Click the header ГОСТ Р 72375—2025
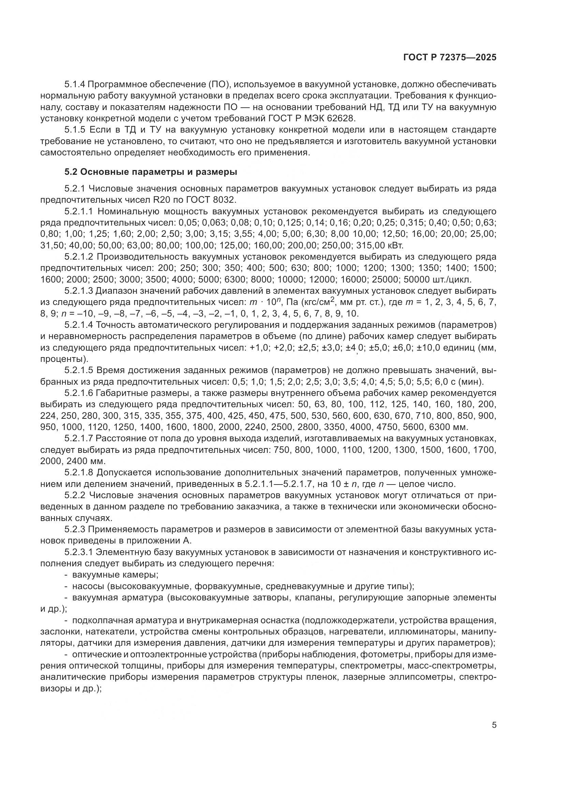[x=450, y=58]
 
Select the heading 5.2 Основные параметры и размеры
[x=151, y=172]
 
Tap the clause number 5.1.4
[x=75, y=85]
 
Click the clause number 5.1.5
[x=75, y=130]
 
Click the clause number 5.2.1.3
[x=78, y=291]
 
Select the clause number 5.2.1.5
[x=78, y=370]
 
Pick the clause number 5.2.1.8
[x=78, y=473]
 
